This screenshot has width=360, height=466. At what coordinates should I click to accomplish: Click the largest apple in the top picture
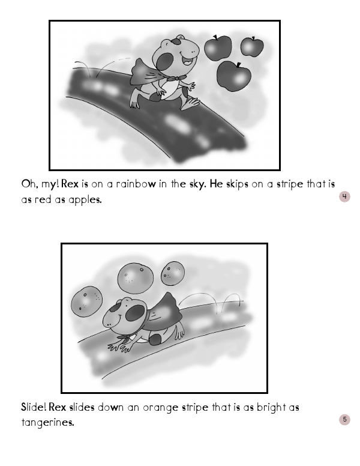click(x=234, y=76)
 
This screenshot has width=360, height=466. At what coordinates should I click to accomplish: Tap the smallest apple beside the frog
click(x=252, y=47)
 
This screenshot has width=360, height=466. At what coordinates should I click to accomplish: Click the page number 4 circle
click(x=344, y=196)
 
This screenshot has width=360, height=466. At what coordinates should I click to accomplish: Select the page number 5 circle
click(x=344, y=419)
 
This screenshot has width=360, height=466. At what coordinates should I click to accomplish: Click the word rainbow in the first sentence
click(x=136, y=184)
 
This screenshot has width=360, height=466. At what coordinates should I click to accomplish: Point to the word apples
click(x=85, y=200)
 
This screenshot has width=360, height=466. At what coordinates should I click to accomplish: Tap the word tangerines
click(x=47, y=422)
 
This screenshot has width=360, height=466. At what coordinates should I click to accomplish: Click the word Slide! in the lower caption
click(x=34, y=407)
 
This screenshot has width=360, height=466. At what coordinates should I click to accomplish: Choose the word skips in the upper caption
click(x=237, y=184)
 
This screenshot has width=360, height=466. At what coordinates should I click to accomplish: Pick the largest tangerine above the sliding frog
click(x=136, y=279)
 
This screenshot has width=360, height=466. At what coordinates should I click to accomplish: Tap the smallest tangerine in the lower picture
click(x=173, y=273)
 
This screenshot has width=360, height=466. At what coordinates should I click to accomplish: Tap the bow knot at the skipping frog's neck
click(x=176, y=78)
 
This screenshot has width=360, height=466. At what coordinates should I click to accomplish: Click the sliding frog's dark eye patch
click(x=136, y=313)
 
